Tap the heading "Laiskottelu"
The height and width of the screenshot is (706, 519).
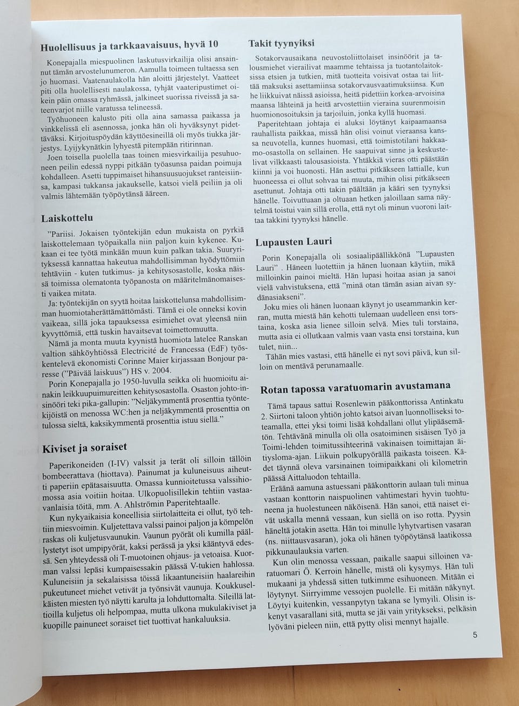67,218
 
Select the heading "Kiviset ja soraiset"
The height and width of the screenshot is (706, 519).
85,448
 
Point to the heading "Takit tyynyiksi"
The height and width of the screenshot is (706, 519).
281,43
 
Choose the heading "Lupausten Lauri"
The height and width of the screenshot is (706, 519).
294,241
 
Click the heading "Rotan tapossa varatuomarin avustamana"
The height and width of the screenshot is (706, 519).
355,388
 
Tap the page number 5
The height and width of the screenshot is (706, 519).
475,635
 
